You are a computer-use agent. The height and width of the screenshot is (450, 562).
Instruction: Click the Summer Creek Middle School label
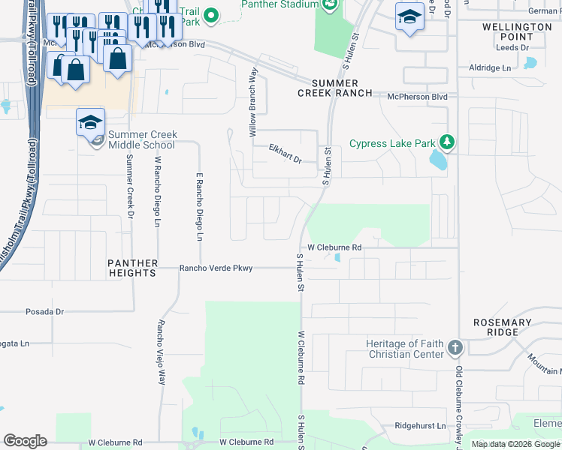click(143, 139)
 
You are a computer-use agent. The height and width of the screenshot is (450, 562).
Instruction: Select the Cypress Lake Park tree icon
click(447, 141)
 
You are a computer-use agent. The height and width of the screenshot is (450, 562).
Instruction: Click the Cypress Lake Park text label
click(392, 144)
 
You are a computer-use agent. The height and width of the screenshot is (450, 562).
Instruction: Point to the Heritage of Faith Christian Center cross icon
click(455, 349)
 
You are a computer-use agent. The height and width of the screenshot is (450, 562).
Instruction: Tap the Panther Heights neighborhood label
click(132, 268)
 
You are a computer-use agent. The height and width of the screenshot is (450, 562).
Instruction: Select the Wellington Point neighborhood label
click(516, 31)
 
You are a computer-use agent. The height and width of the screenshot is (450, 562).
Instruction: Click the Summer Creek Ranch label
click(334, 88)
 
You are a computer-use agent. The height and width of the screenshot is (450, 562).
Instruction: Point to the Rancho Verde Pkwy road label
click(215, 268)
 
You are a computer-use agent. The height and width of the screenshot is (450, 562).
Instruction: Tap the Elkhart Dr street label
click(286, 154)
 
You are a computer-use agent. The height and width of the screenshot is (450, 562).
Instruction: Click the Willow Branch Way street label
click(254, 102)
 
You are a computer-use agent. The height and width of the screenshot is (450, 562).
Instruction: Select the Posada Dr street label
click(45, 311)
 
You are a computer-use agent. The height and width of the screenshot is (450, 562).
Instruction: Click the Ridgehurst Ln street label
click(420, 425)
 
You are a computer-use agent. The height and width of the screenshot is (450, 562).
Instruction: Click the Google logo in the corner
click(25, 441)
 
